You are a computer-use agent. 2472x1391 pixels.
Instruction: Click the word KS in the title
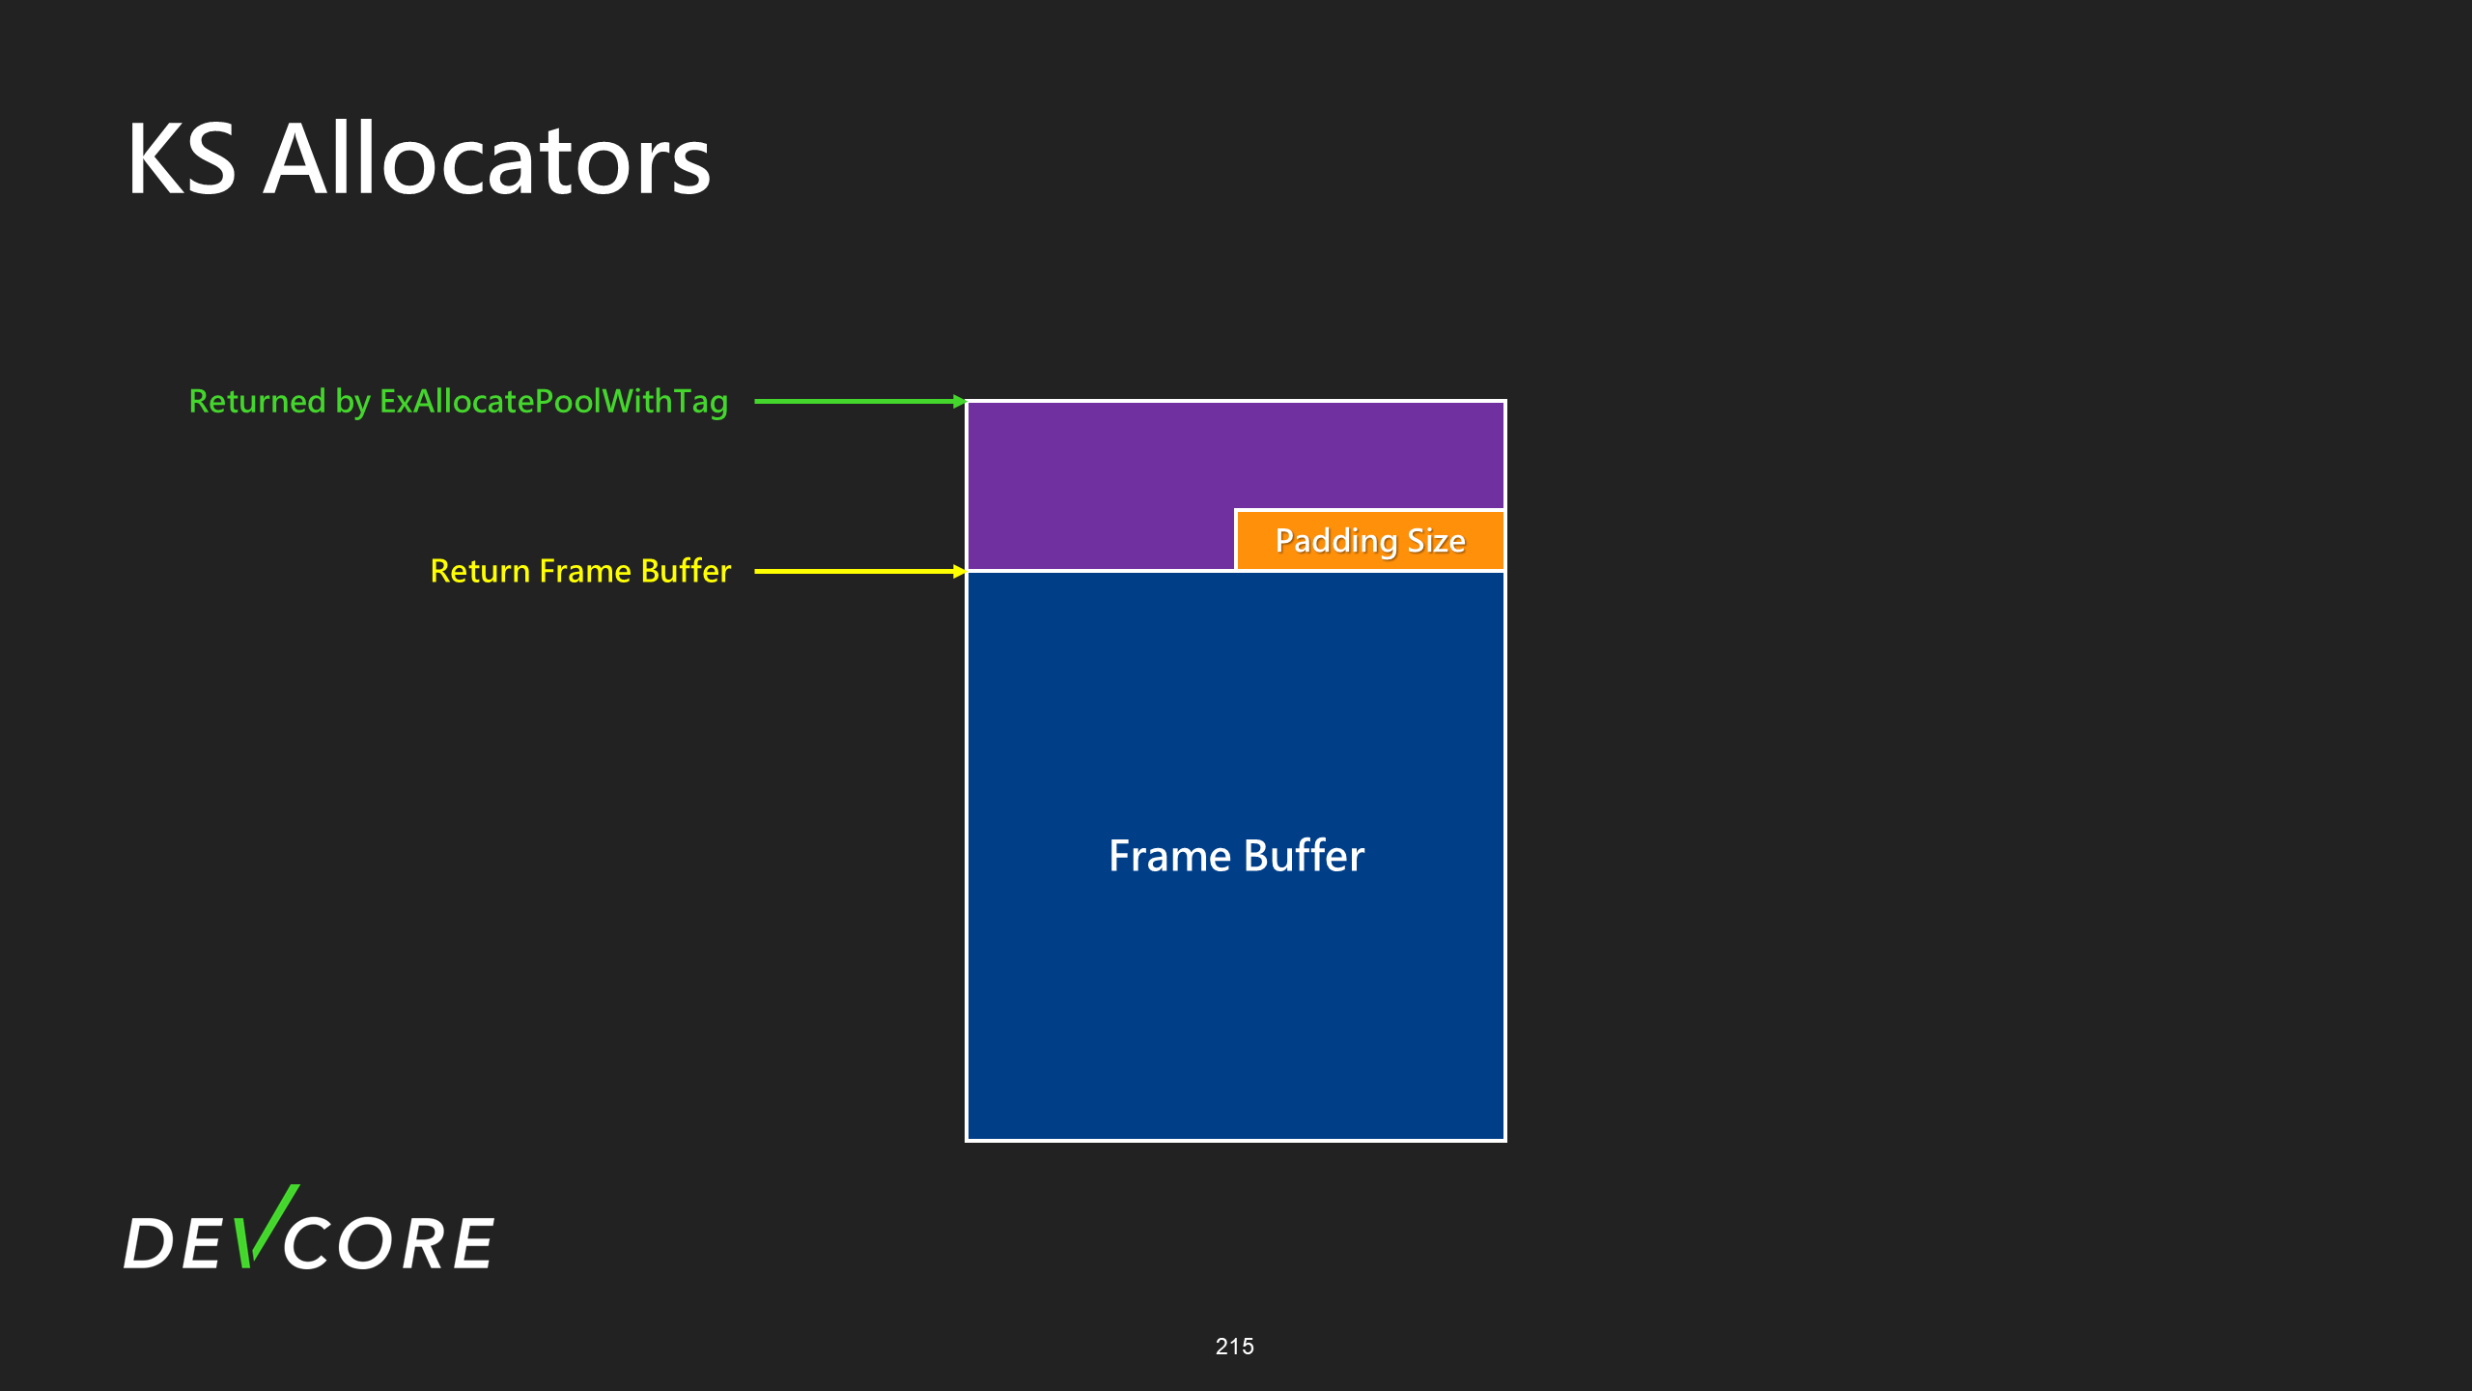(x=182, y=159)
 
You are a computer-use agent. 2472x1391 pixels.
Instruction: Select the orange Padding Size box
(x=1369, y=540)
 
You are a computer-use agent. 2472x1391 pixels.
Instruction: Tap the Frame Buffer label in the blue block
(x=1236, y=856)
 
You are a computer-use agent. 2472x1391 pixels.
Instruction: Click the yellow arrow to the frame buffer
(x=859, y=571)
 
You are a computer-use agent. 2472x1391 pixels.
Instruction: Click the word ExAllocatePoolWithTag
(x=553, y=402)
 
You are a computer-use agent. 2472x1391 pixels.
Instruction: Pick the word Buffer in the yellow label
(x=686, y=571)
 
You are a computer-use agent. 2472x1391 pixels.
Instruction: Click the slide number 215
(x=1234, y=1347)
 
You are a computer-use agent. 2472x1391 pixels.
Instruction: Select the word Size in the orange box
(x=1436, y=541)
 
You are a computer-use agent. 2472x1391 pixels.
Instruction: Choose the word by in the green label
(x=352, y=402)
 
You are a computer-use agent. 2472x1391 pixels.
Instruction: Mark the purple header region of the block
(x=1101, y=483)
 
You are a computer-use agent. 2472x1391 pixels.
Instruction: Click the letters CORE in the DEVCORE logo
(x=388, y=1243)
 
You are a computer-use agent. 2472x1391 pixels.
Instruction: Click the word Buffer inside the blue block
(x=1305, y=856)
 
